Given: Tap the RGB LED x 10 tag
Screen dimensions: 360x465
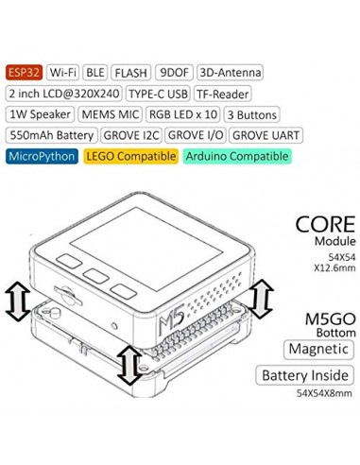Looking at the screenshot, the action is coord(185,114).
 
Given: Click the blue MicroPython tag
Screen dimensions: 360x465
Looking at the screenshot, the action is coord(40,157).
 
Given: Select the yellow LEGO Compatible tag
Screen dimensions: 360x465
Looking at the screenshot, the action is coord(129,157).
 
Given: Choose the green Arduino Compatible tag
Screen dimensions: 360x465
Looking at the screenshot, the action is coord(235,157).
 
